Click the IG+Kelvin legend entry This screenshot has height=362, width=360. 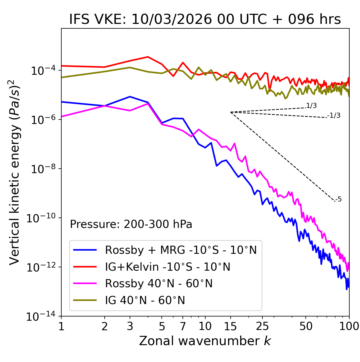pos(168,267)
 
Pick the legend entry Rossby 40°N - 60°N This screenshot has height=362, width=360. pos(159,284)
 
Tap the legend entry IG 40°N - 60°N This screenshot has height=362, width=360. pos(145,300)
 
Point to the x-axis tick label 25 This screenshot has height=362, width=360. pos(262,326)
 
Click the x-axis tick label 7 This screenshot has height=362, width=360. pos(183,326)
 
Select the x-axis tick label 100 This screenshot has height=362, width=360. pos(349,326)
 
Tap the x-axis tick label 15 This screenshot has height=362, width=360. pos(230,326)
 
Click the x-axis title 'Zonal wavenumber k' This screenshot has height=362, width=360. pos(205,341)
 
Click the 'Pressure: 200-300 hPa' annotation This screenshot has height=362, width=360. pos(131,224)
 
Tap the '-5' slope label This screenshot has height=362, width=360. pos(338,199)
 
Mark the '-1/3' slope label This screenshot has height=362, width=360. pos(334,115)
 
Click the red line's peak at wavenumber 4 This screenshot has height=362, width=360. pos(148,57)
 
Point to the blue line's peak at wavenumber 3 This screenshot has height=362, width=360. pos(130,97)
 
